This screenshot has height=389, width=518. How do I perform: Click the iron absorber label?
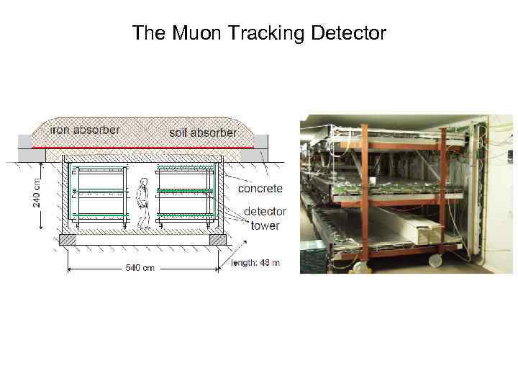(85, 130)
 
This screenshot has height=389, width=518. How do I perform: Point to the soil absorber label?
(203, 133)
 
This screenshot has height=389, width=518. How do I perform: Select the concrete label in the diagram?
(260, 188)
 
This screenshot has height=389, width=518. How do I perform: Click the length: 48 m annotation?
(255, 263)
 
